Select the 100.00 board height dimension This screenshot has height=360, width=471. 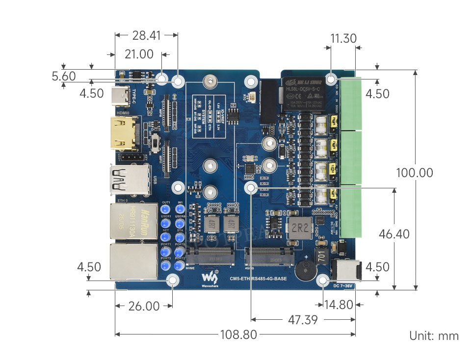point(415,173)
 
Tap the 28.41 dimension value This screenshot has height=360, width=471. point(146,35)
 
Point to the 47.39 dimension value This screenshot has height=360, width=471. point(303,320)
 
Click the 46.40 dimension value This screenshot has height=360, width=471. point(394,234)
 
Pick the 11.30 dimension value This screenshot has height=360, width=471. point(343,38)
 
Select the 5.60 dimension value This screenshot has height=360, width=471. point(64,76)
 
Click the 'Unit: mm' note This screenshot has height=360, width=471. point(434,336)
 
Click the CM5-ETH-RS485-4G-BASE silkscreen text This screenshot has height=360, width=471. point(259,279)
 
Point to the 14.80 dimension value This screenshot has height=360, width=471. point(339,305)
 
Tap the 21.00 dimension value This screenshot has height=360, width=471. point(139,54)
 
